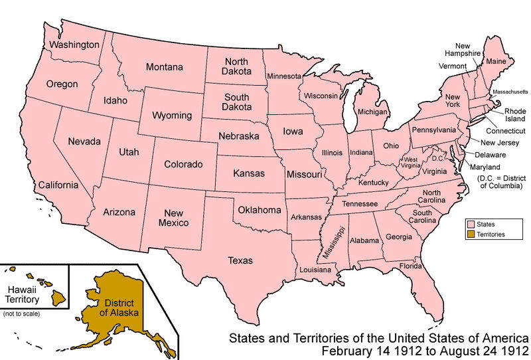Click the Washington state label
pyautogui.click(x=73, y=45)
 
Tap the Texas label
pyautogui.click(x=240, y=260)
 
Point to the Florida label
pyautogui.click(x=410, y=266)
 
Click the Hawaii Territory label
pyautogui.click(x=25, y=294)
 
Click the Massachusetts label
pyautogui.click(x=510, y=90)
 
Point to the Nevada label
pyautogui.click(x=85, y=142)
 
